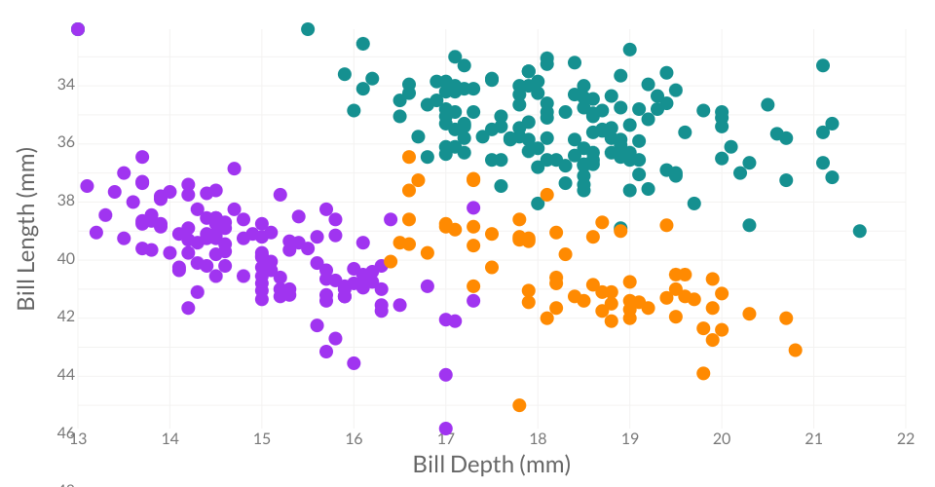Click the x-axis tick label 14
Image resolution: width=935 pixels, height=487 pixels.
(169, 439)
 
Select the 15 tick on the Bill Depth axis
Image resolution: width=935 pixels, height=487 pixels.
(262, 439)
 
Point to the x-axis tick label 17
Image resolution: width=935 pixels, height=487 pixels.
(446, 439)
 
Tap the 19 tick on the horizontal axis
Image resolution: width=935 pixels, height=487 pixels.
(630, 439)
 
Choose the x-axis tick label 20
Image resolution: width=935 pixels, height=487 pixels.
(722, 439)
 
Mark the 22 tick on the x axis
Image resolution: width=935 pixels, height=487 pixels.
(906, 439)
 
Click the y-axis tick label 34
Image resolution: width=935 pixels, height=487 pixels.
(65, 85)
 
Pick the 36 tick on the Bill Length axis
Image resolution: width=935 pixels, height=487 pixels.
(65, 142)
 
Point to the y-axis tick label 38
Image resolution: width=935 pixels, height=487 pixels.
(65, 201)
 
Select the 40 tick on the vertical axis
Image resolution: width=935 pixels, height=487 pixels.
(65, 258)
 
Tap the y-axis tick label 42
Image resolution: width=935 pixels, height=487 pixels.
(65, 317)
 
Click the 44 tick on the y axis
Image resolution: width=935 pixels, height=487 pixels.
(65, 374)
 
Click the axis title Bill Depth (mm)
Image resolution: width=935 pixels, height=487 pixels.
(491, 465)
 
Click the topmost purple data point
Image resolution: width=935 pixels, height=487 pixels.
(78, 29)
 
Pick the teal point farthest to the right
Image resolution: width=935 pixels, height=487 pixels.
(860, 231)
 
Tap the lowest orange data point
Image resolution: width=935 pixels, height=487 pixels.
(519, 405)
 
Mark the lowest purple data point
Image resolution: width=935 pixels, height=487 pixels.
(446, 429)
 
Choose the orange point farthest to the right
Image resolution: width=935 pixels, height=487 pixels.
(796, 350)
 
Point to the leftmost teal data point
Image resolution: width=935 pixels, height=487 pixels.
(308, 29)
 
